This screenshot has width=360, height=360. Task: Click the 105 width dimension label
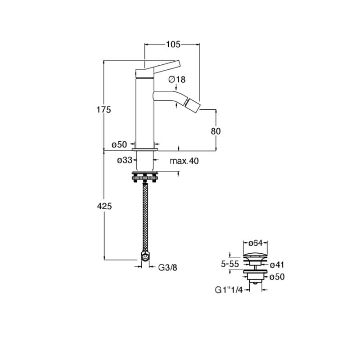tap(173, 44)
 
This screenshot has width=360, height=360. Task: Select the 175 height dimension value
tap(103, 109)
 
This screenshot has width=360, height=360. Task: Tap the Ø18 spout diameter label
tap(177, 80)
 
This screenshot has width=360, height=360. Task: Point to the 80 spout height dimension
tap(216, 131)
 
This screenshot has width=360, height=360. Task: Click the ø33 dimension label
tap(124, 161)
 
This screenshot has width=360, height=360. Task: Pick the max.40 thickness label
tap(184, 161)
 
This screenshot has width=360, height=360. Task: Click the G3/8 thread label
tap(168, 267)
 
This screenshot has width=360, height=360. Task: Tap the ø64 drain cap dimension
tap(256, 243)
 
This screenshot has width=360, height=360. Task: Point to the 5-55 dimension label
tap(229, 264)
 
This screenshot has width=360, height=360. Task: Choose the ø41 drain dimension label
tap(277, 265)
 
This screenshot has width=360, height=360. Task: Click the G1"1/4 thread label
tap(229, 291)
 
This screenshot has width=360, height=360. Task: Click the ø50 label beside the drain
tap(277, 277)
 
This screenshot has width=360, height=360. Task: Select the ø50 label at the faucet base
tap(119, 144)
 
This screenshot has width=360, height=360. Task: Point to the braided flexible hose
tap(144, 216)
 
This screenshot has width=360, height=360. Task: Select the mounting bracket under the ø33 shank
tap(144, 176)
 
